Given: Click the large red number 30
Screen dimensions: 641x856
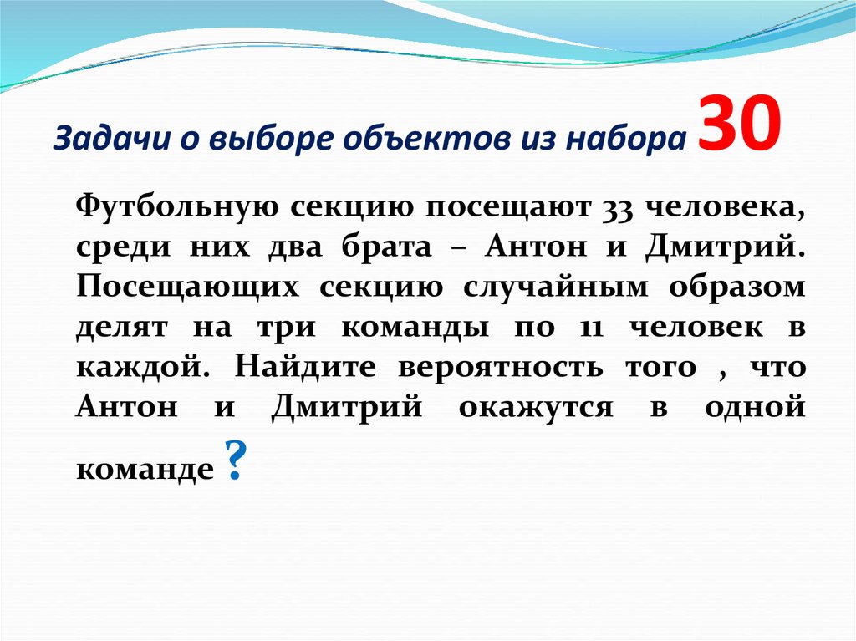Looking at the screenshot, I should [x=739, y=124].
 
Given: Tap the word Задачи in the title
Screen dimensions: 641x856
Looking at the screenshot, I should [x=94, y=137].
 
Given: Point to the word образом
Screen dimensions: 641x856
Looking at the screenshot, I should [x=736, y=287].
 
